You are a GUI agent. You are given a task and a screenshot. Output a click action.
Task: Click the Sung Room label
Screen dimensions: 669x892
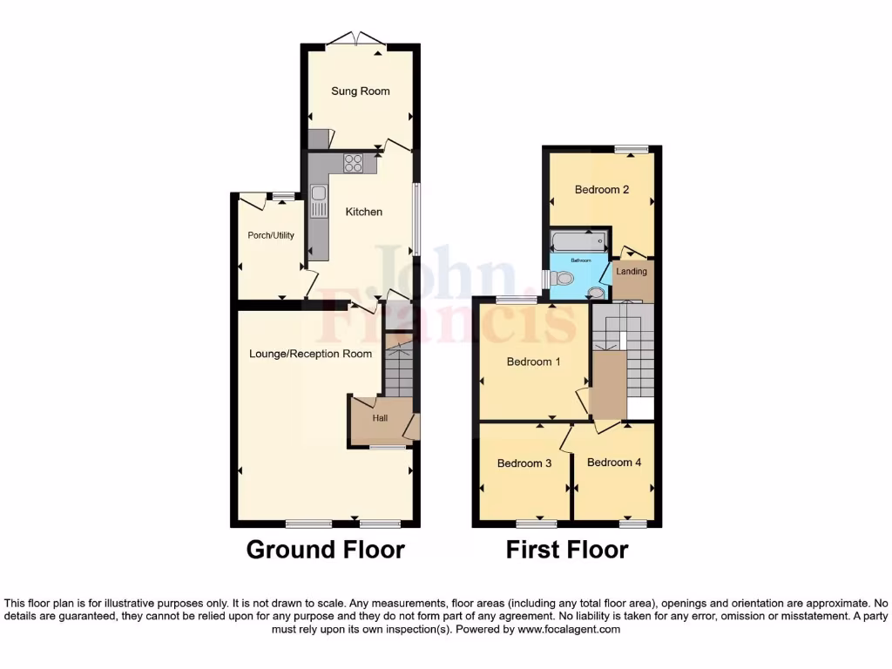(360, 91)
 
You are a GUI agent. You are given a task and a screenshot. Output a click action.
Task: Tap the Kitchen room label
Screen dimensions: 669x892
(363, 212)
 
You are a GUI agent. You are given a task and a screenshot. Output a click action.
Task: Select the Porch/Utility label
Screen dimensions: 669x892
(271, 235)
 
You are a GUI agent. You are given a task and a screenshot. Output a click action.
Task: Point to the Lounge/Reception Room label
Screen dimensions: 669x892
(310, 354)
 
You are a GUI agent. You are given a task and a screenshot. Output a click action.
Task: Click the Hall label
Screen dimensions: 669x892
(380, 419)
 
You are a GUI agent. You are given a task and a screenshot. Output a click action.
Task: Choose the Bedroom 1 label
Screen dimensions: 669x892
(534, 362)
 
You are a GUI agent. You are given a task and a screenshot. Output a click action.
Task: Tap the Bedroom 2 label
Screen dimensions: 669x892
(602, 190)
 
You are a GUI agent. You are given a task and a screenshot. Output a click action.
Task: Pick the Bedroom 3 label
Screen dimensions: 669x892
(524, 463)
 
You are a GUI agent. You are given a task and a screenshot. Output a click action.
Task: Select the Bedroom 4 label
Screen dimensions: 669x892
(614, 463)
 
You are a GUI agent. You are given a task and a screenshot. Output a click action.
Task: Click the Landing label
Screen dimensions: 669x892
(632, 272)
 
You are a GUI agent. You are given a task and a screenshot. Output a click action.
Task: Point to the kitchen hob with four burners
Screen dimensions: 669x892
(354, 163)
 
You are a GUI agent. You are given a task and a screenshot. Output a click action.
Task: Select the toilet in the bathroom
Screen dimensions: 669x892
(564, 280)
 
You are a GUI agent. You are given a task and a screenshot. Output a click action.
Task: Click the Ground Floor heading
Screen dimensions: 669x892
(325, 551)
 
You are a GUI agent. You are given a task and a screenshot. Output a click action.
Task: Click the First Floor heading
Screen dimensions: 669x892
(567, 551)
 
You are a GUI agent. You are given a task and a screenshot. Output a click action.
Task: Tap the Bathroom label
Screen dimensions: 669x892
(580, 260)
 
